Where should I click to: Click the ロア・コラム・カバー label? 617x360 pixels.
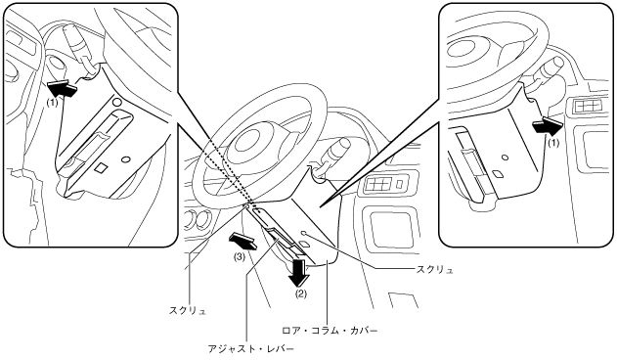click(330, 330)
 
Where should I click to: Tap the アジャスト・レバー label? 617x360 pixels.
click(251, 348)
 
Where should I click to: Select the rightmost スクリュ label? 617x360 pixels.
click(434, 270)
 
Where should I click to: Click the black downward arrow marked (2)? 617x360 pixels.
click(298, 271)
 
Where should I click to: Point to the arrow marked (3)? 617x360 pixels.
click(242, 241)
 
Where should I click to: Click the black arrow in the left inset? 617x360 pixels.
click(62, 88)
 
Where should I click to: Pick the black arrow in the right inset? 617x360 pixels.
click(547, 126)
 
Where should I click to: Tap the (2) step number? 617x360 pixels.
click(301, 293)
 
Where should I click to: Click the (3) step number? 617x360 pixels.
click(240, 257)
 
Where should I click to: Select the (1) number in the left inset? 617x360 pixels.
click(52, 102)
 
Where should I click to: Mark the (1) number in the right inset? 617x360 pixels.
click(553, 144)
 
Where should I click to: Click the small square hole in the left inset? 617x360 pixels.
click(102, 167)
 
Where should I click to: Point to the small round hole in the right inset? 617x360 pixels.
click(505, 157)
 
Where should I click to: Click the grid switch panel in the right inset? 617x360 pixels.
click(588, 106)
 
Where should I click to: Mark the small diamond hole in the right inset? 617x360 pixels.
click(498, 174)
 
